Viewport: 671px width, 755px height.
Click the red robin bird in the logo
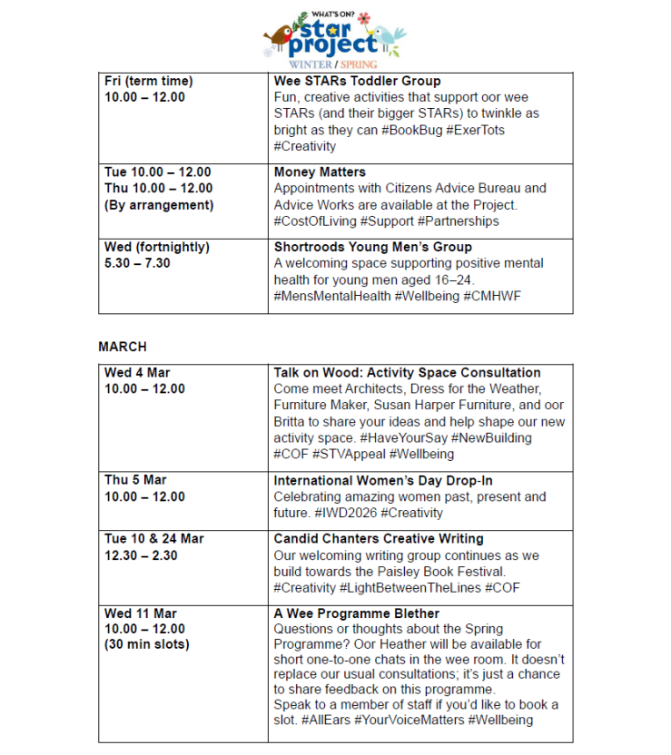point(273,37)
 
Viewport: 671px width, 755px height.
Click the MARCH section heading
point(123,347)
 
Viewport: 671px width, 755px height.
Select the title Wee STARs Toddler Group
point(357,81)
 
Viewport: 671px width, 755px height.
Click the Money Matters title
point(319,172)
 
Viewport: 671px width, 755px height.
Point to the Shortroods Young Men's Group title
point(373,247)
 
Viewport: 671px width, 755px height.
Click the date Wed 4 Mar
point(137,372)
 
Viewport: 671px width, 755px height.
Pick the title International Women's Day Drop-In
point(382,480)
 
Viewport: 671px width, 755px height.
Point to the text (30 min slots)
point(147,644)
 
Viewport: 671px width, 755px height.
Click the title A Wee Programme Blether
point(357,613)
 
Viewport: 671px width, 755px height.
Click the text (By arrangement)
point(159,204)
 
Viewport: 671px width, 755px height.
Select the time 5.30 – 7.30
point(137,263)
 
